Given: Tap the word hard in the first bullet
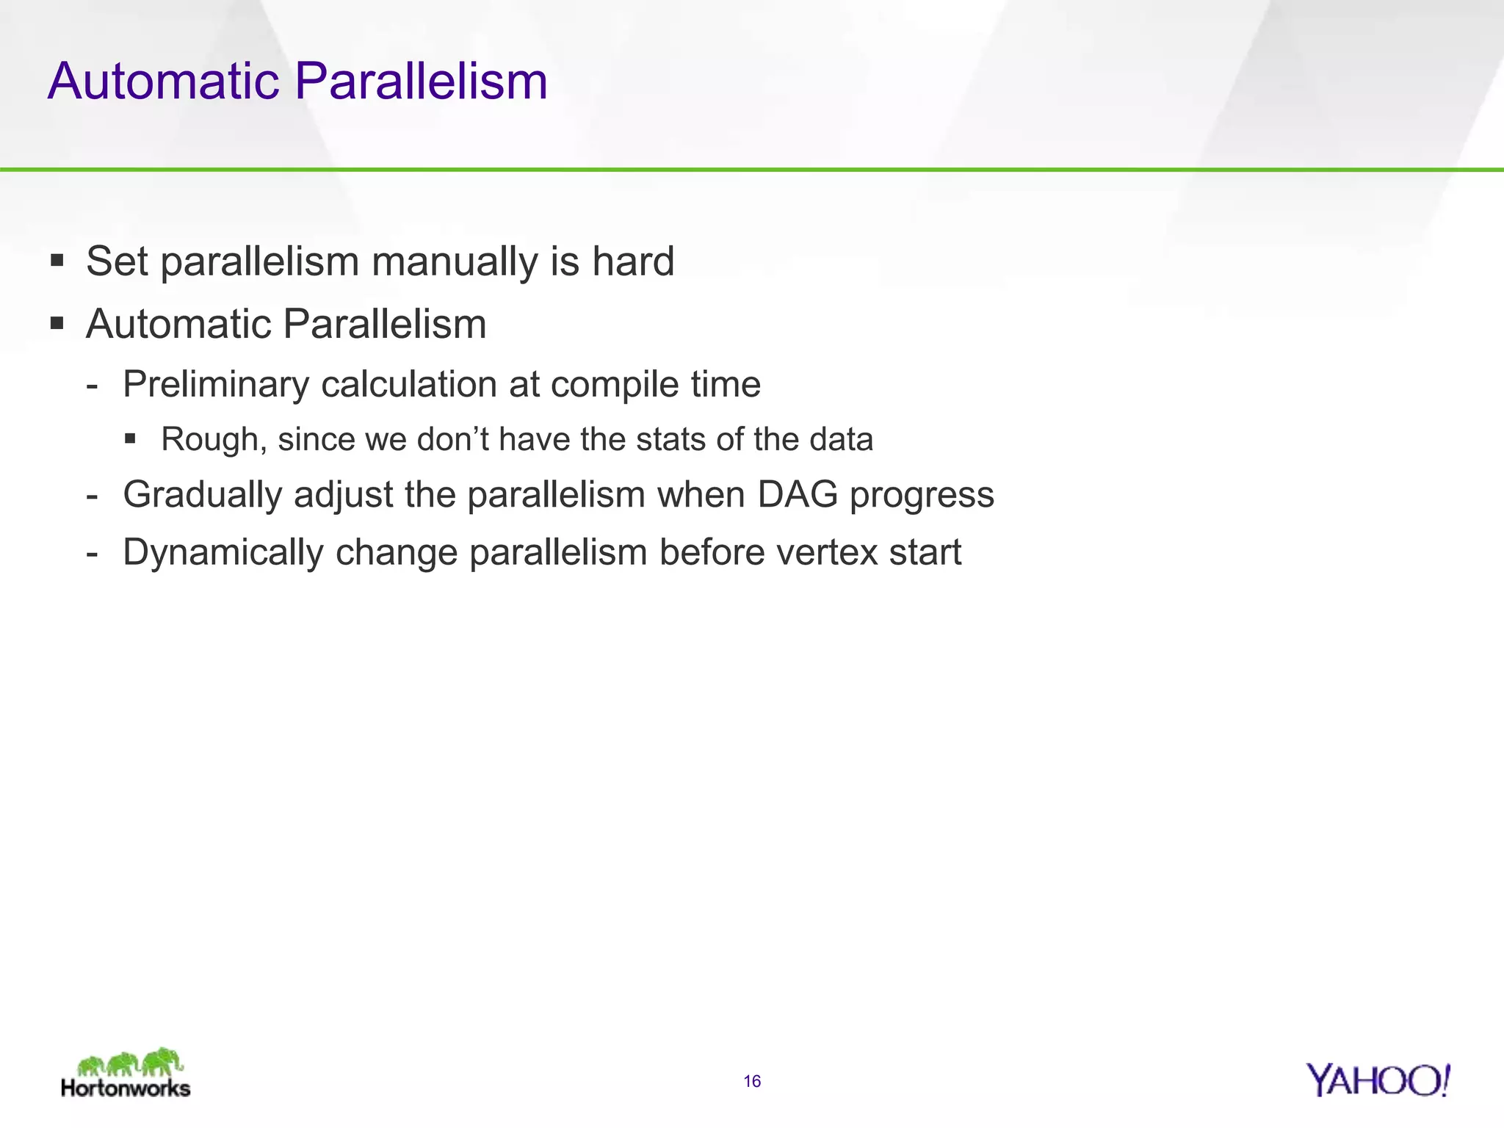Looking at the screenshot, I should point(633,261).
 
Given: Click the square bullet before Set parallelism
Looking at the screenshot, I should point(57,260).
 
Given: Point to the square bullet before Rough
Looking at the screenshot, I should point(131,438).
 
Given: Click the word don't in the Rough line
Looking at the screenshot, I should point(453,439).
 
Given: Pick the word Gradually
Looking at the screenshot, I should point(203,495).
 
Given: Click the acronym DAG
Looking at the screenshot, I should point(798,493).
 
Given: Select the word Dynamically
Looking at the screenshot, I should point(223,553).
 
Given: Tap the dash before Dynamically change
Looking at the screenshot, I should point(92,553).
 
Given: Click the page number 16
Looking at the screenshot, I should point(752,1081).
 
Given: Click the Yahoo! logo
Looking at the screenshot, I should point(1378,1080).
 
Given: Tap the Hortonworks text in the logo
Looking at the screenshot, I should point(126,1088).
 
